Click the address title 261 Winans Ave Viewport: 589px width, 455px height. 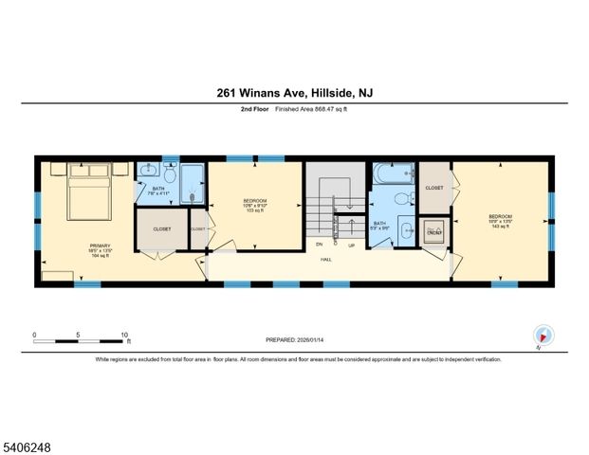tap(293, 93)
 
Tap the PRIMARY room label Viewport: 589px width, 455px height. tap(100, 246)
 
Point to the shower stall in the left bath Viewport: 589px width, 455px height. tap(193, 181)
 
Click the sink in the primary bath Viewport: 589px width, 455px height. tap(149, 172)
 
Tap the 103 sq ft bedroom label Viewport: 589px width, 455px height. tap(254, 204)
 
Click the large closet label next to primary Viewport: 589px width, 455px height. tap(161, 228)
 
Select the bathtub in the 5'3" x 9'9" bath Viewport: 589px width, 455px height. tap(391, 173)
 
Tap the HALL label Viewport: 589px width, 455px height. tap(325, 259)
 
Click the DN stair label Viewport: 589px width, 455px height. tap(320, 245)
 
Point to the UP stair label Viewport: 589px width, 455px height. tap(351, 245)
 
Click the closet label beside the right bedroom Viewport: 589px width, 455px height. tap(434, 188)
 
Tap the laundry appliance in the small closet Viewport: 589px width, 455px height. tap(434, 229)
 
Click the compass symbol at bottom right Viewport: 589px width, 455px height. tap(543, 336)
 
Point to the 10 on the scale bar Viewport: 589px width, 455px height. tap(124, 334)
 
